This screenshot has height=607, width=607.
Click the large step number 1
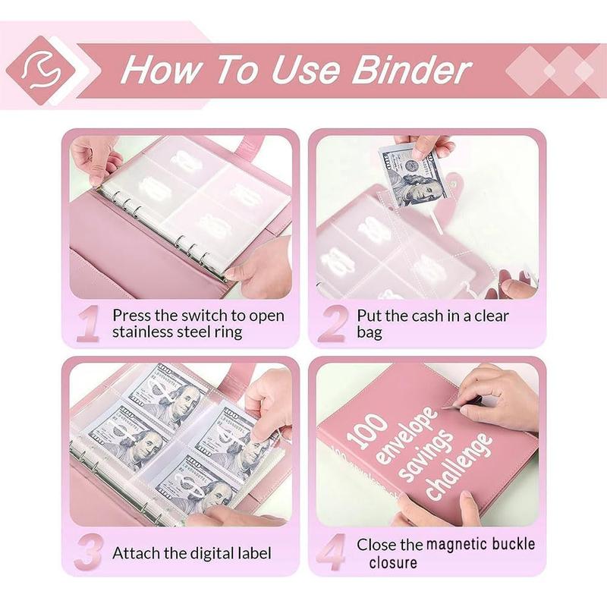click(x=89, y=324)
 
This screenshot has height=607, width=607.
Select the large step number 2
click(x=332, y=324)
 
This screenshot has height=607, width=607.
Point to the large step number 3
click(x=90, y=552)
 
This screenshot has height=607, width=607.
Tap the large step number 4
click(x=332, y=553)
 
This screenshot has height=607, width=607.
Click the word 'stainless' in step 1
click(x=144, y=333)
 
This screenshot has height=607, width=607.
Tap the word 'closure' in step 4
click(x=393, y=562)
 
